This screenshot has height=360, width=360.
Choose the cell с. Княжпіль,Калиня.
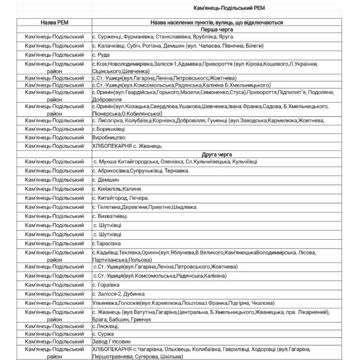[x=117, y=189]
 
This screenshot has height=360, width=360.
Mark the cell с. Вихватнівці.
[x=110, y=216]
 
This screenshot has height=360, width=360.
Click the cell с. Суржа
[x=105, y=334]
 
